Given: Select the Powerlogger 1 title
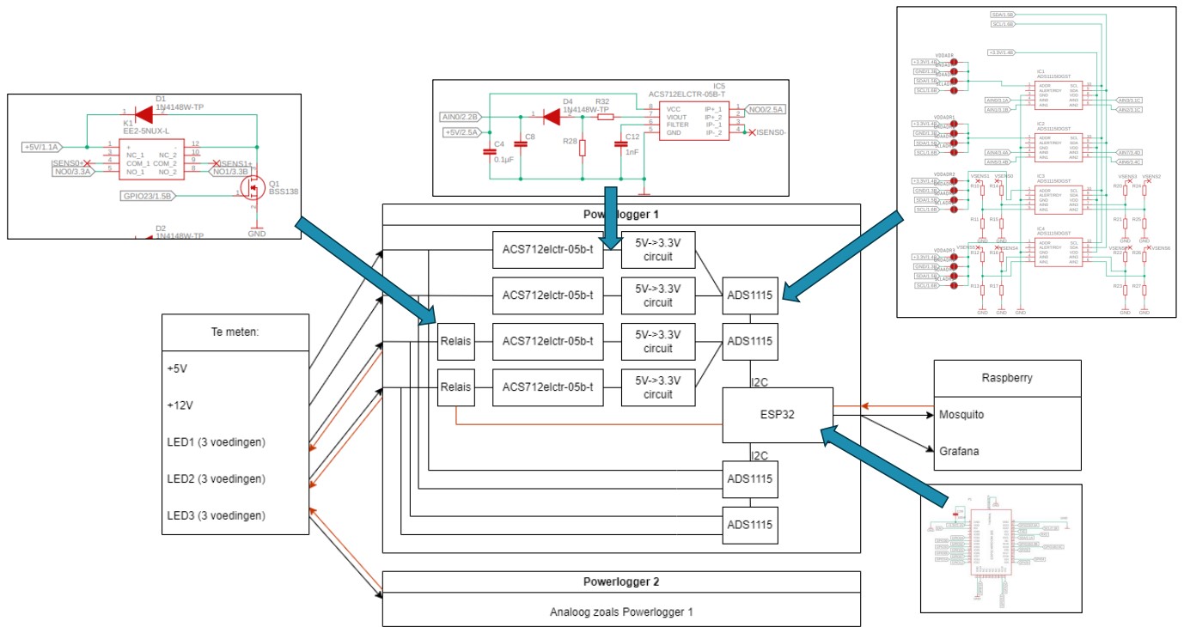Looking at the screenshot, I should click(x=619, y=214).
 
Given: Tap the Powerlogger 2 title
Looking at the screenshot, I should click(x=619, y=581).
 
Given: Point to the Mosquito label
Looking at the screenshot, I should click(x=961, y=414).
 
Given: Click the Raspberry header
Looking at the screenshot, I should click(x=1006, y=378).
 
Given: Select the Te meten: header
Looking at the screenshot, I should click(x=235, y=332).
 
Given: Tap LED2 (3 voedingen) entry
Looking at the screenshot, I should click(x=217, y=478).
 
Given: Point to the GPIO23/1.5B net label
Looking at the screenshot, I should click(x=147, y=196).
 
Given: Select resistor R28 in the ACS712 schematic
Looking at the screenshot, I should click(x=582, y=148).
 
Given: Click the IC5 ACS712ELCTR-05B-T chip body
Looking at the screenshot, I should click(x=684, y=120).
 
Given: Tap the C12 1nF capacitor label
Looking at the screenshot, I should click(x=632, y=143).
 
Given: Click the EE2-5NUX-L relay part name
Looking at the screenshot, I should click(x=145, y=131).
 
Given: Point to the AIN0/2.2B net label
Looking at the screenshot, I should click(x=460, y=116).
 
